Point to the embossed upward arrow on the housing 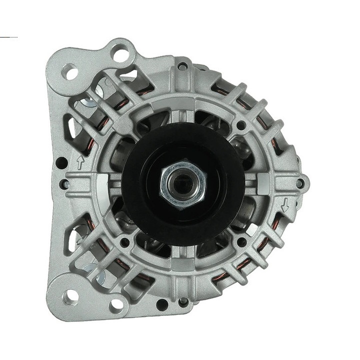click(80, 161)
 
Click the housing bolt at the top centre click(183, 65)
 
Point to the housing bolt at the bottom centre click(183, 302)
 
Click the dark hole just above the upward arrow click(61, 162)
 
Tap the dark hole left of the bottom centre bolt click(161, 304)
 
